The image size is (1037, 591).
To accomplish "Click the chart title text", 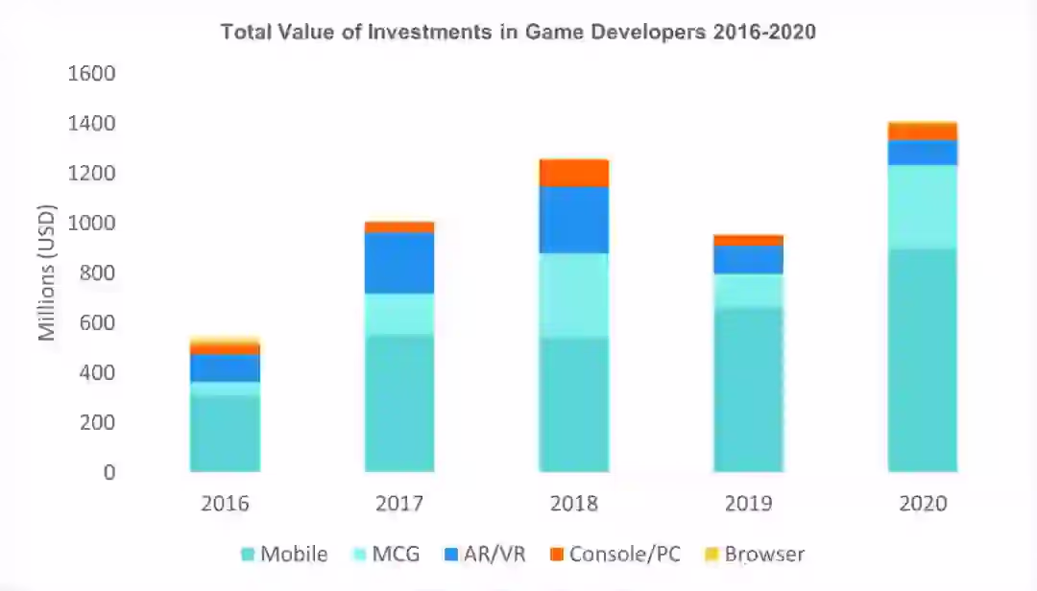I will click(518, 32).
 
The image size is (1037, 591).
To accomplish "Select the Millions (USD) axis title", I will click(47, 273).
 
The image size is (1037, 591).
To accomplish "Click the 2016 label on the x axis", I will click(225, 504).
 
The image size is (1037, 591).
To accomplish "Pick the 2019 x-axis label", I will click(748, 504).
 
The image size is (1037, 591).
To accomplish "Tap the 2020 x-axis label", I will click(922, 504).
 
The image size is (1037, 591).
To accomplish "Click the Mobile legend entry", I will click(284, 554).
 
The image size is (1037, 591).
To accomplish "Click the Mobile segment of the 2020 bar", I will click(922, 360).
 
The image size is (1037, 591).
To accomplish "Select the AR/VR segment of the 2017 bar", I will click(399, 263).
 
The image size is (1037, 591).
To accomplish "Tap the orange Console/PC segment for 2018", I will click(574, 173).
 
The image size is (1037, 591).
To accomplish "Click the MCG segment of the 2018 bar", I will click(574, 295).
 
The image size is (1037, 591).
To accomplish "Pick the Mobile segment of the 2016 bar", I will click(225, 433).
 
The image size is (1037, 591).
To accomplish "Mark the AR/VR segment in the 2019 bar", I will click(748, 260).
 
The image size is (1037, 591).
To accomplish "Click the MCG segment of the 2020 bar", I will click(922, 207).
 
